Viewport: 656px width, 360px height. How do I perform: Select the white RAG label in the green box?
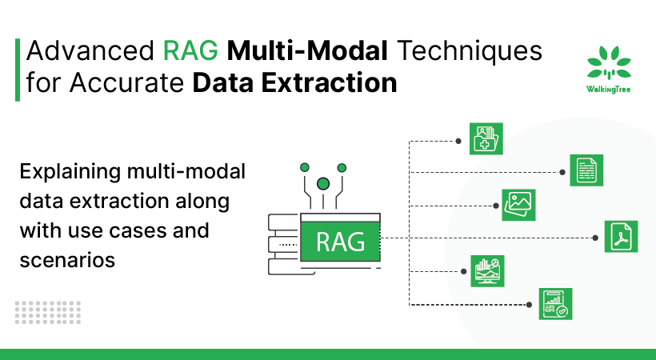coord(341,239)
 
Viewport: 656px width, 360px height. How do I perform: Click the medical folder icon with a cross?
coord(486,138)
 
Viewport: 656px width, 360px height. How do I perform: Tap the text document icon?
coord(586,170)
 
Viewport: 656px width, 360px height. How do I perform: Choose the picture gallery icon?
coord(518,205)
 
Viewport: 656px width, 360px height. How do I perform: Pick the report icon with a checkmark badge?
coord(554,304)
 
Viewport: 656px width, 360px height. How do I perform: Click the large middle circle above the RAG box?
coord(323,184)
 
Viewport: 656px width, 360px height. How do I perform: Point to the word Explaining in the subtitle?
coord(70,172)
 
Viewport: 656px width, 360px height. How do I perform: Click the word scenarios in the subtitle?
coord(67,259)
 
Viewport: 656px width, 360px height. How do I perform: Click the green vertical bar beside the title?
coord(18,68)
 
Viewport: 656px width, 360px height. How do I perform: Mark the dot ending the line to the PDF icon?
coord(594,238)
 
